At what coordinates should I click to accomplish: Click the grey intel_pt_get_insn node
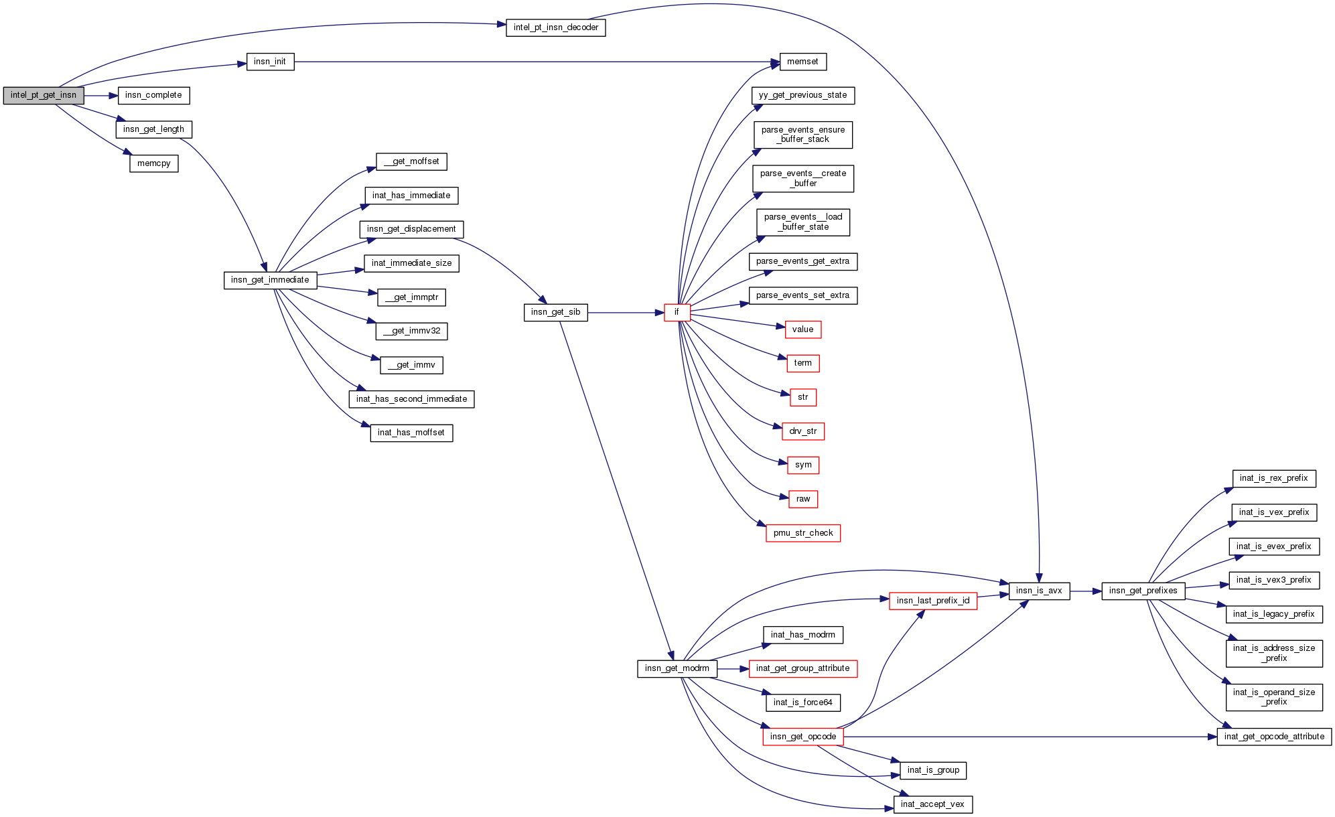[x=44, y=95]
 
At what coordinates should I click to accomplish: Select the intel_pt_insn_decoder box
[x=555, y=27]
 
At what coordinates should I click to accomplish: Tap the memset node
[x=802, y=62]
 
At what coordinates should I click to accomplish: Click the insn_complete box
[x=153, y=95]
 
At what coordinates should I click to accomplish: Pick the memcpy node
[x=153, y=163]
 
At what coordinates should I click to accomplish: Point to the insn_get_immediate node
[x=270, y=280]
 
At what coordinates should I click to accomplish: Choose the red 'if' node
[x=677, y=312]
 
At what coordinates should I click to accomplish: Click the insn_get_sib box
[x=555, y=312]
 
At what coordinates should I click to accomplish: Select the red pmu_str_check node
[x=802, y=533]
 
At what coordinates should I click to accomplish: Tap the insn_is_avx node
[x=1038, y=591]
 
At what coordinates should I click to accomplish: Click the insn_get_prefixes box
[x=1143, y=591]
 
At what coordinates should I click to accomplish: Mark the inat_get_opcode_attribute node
[x=1273, y=737]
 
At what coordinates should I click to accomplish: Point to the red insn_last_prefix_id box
[x=932, y=601]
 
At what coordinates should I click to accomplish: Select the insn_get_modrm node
[x=677, y=668]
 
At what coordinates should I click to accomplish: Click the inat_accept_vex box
[x=932, y=804]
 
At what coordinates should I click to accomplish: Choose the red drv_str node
[x=802, y=431]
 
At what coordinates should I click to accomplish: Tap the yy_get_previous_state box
[x=802, y=95]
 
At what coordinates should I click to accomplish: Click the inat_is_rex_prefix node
[x=1273, y=478]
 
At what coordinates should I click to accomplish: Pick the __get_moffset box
[x=411, y=161]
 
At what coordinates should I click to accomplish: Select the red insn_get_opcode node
[x=802, y=737]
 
